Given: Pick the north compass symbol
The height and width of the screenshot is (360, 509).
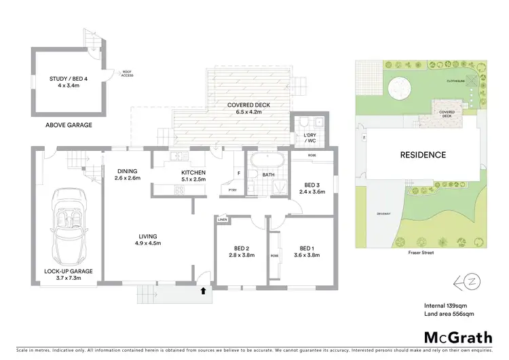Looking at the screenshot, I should pyautogui.click(x=470, y=280).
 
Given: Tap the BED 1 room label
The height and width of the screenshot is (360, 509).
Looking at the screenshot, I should pyautogui.click(x=305, y=251).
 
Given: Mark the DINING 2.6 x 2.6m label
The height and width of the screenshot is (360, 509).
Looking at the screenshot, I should pyautogui.click(x=128, y=175).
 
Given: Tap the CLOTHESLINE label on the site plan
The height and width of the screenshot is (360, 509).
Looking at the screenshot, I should pyautogui.click(x=454, y=81).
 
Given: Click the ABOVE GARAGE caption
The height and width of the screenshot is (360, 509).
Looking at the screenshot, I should pyautogui.click(x=69, y=125).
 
